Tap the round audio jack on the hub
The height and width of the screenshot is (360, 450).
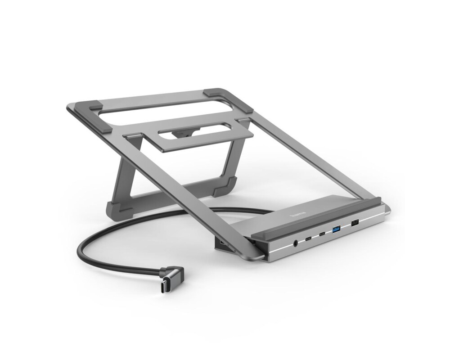click(295, 243)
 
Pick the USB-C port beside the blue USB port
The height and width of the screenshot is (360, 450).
click(322, 234)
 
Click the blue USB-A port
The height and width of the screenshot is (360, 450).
click(336, 229)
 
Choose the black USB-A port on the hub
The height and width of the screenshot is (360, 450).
click(354, 223)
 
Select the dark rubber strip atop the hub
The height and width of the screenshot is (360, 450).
click(315, 215)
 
